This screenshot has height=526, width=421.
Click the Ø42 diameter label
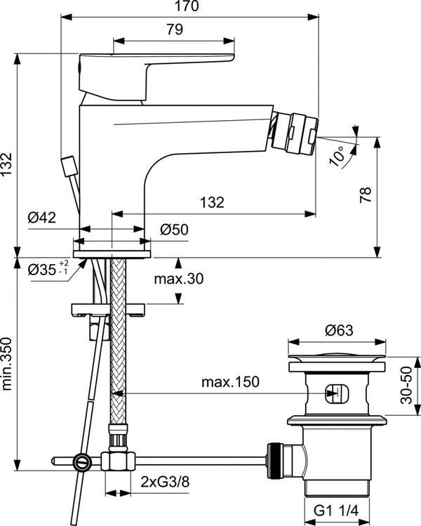coord(43,218)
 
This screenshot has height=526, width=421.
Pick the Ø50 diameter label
coord(174,229)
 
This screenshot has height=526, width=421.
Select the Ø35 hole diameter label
coord(44,269)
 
